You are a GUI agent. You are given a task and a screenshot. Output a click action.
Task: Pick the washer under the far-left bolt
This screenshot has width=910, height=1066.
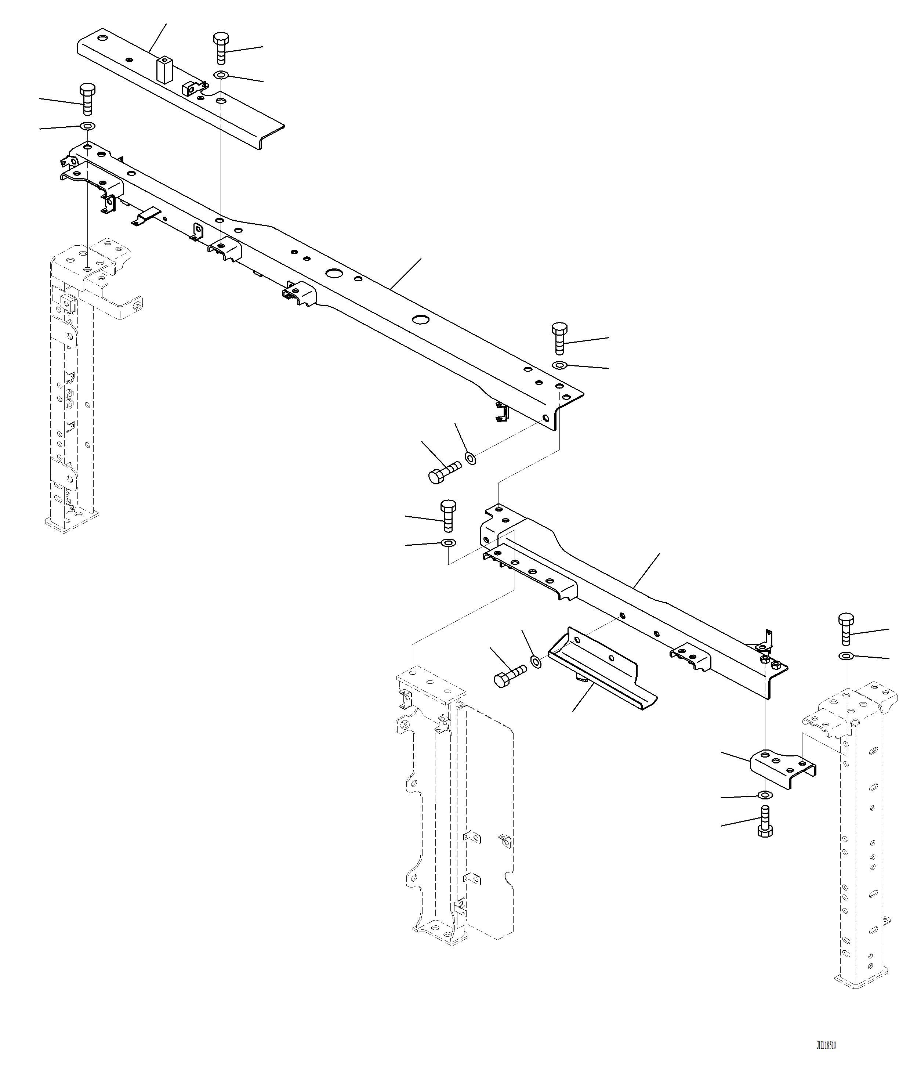[87, 126]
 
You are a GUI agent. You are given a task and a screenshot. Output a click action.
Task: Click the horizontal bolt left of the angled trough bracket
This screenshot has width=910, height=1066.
[509, 675]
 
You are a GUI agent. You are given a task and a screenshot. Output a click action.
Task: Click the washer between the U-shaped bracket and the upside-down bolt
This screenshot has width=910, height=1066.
[765, 795]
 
